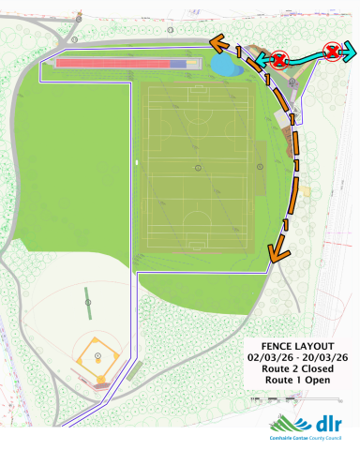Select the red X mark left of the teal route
tap(278, 61)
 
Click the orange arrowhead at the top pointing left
tap(217, 42)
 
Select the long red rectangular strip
tap(112, 64)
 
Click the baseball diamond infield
tap(97, 356)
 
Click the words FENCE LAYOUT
tap(297, 345)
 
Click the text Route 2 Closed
tap(297, 369)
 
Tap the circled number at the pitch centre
tap(198, 167)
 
